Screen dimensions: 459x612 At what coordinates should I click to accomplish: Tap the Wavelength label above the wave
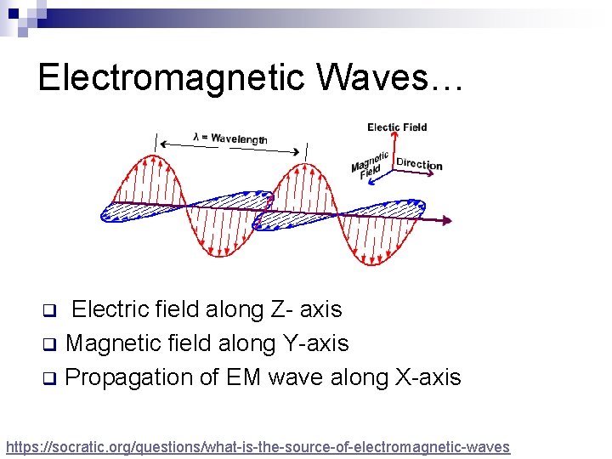(x=239, y=138)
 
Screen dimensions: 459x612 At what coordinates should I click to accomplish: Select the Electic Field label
(x=397, y=127)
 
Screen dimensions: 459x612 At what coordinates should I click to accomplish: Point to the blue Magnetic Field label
(x=370, y=164)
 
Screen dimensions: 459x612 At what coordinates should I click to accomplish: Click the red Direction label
(x=419, y=163)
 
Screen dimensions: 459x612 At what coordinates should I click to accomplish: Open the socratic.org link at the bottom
(x=258, y=446)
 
